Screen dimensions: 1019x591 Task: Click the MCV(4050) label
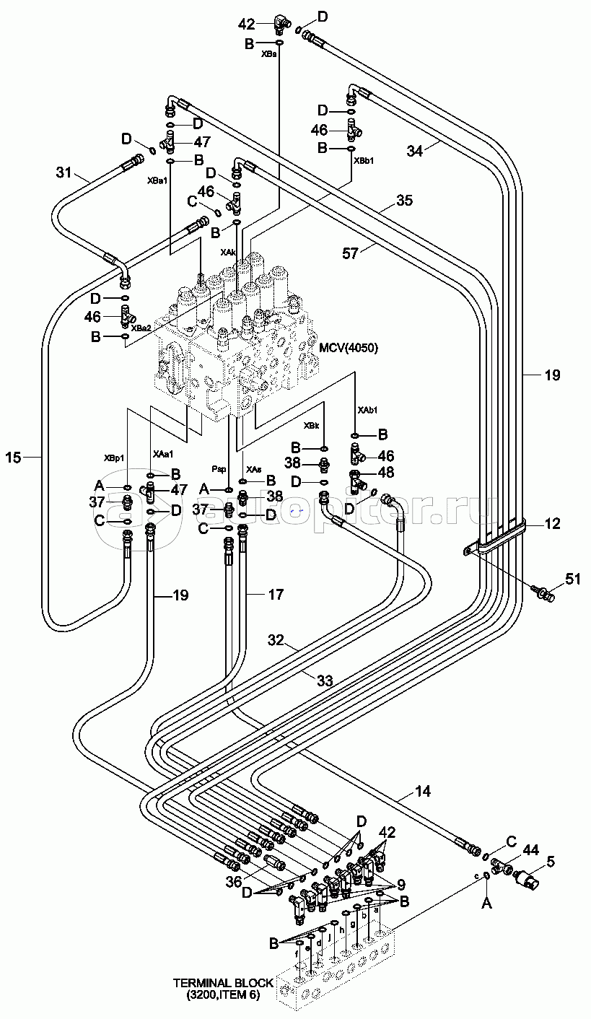pos(349,348)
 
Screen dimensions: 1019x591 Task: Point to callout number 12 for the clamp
pos(552,525)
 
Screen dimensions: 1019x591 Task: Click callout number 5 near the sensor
pos(550,860)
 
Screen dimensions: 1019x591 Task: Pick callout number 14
pos(422,792)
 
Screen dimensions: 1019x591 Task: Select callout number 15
pos(14,456)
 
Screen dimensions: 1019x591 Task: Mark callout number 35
pos(404,201)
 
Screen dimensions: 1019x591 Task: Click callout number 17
pos(275,595)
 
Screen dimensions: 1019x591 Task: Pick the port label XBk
pos(311,426)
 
